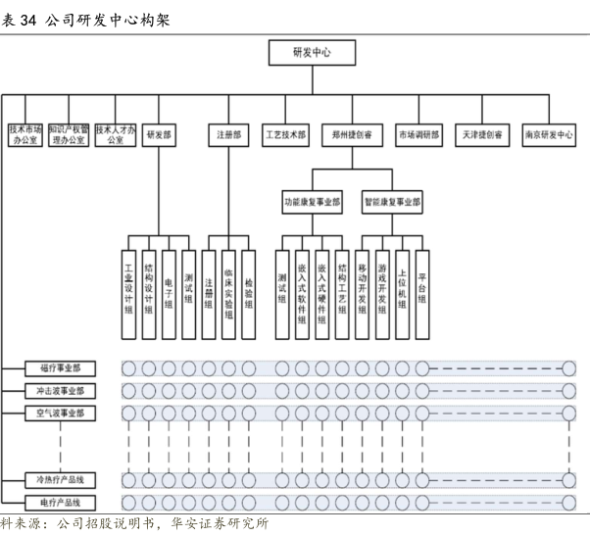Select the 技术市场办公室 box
pos(25,134)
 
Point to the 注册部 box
pos(228,135)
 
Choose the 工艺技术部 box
pos(285,135)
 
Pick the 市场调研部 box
pos(418,135)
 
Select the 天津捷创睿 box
pos(481,135)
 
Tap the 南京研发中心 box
pos(548,135)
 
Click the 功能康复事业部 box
pos(313,203)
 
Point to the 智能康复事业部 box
pos(392,203)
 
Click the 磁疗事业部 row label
pos(61,367)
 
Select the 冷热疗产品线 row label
pos(61,479)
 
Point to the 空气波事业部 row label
pos(61,413)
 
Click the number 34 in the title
pos(29,20)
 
